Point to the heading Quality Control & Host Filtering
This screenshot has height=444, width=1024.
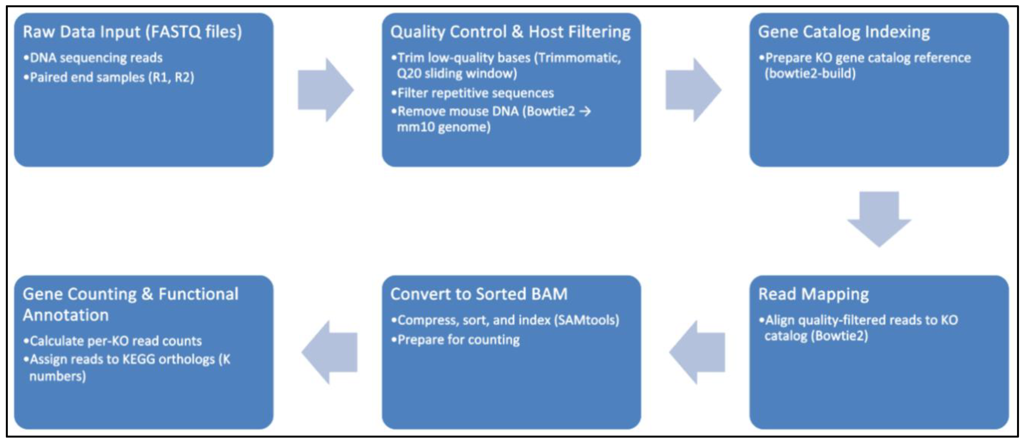[x=510, y=32]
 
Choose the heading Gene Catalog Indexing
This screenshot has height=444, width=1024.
[x=844, y=32]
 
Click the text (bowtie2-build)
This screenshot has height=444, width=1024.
[x=810, y=74]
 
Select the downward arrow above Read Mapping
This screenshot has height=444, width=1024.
[x=879, y=219]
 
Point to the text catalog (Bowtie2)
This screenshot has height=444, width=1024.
[x=816, y=337]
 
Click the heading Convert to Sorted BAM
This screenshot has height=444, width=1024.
[x=479, y=295]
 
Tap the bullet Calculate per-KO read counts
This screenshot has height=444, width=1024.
[x=115, y=341]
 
